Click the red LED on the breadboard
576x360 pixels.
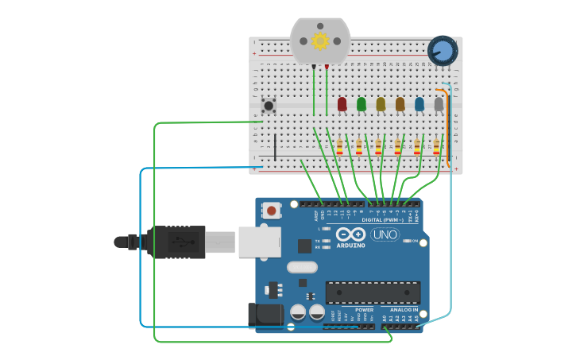click(342, 104)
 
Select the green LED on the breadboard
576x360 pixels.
click(361, 104)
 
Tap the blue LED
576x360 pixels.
click(419, 104)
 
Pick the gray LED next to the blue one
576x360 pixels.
click(439, 104)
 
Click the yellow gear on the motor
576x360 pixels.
click(320, 41)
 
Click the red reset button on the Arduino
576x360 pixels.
click(272, 211)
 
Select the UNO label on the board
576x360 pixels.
click(385, 234)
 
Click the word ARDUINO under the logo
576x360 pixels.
click(350, 246)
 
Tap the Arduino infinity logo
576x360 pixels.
click(350, 234)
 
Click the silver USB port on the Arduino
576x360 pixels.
click(259, 242)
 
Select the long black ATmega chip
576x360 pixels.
click(373, 292)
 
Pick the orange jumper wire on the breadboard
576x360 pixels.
click(448, 127)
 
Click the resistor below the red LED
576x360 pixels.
click(340, 147)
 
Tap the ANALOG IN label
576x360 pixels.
click(404, 310)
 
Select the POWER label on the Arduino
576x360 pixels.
click(364, 310)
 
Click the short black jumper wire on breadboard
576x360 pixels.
click(276, 147)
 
